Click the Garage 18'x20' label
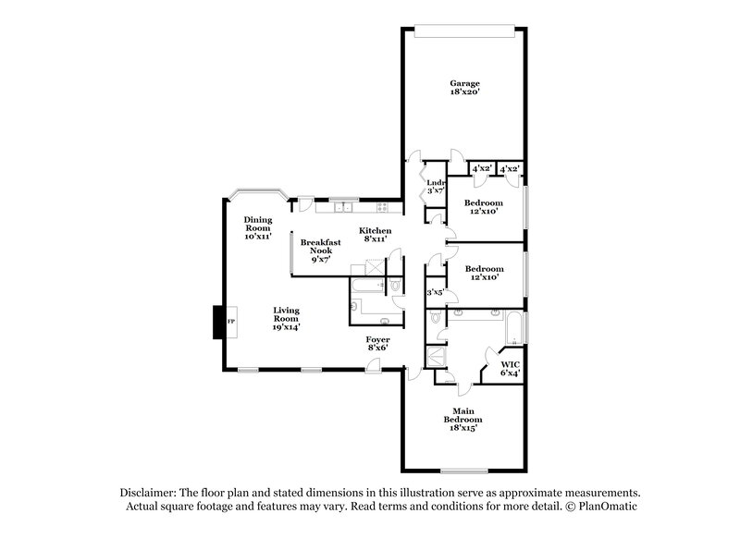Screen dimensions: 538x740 click(464, 88)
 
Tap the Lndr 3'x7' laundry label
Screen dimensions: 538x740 click(431, 187)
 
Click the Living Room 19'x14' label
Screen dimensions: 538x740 click(285, 318)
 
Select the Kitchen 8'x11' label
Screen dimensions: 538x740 click(376, 235)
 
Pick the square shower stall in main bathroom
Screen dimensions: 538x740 click(435, 357)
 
